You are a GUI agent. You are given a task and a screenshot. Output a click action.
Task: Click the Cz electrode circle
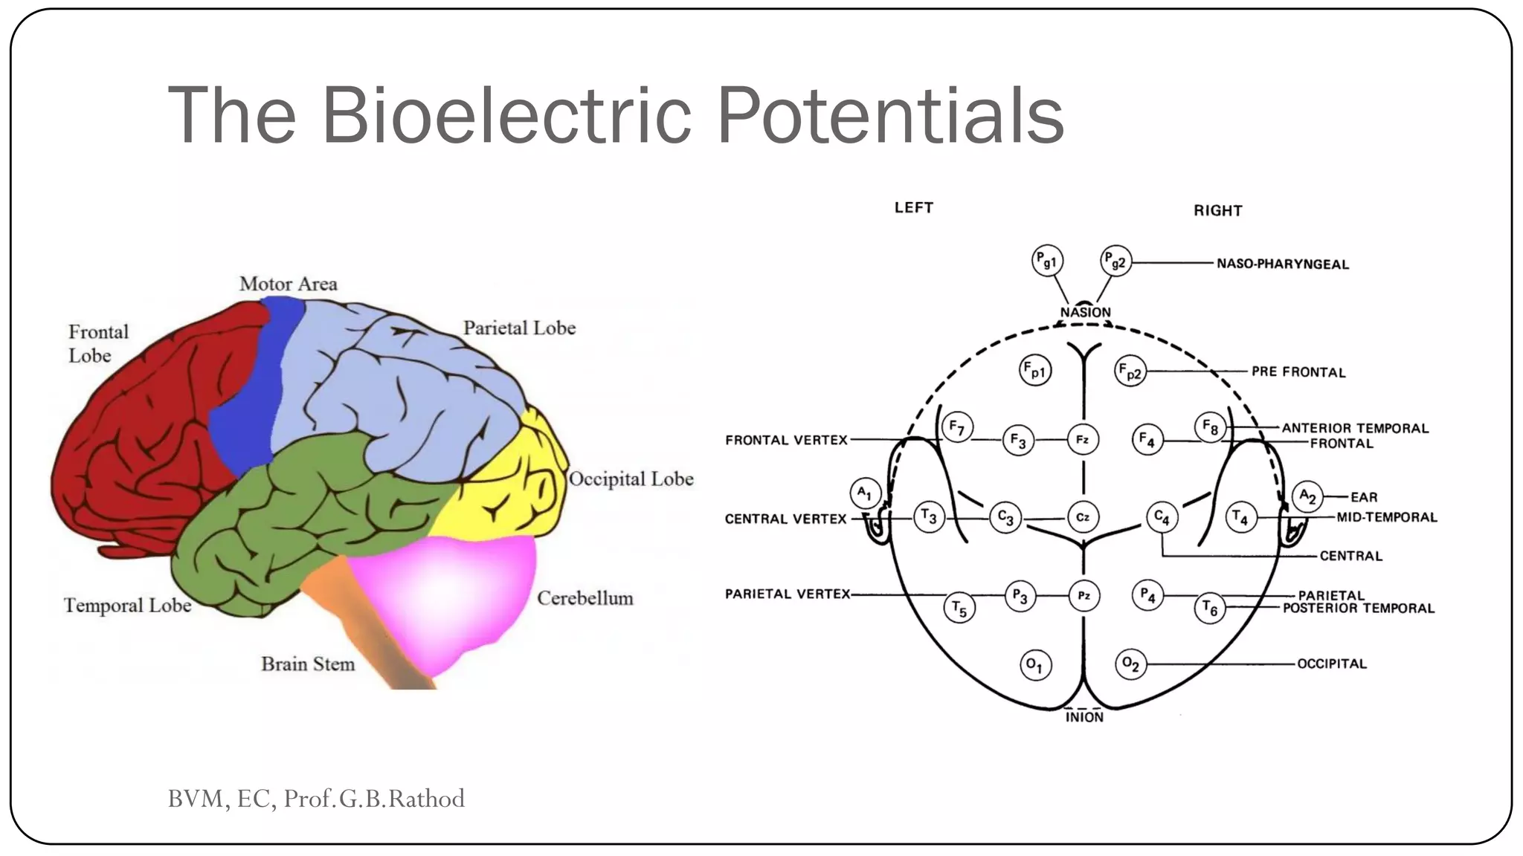point(1083,517)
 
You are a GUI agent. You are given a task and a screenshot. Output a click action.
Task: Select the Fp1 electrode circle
point(1034,370)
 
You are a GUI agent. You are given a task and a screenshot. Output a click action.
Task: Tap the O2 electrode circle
point(1130,664)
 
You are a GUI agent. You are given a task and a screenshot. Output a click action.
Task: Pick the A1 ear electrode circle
point(865,493)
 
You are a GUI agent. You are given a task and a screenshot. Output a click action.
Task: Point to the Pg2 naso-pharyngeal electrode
point(1115,261)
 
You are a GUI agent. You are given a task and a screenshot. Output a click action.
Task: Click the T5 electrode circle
point(959,609)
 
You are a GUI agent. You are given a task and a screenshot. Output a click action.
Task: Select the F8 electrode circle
point(1210,427)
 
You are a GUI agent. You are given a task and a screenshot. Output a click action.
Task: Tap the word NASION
point(1085,313)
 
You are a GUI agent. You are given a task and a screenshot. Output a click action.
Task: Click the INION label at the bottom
point(1084,718)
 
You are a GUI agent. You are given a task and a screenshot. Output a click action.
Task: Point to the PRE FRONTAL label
point(1298,372)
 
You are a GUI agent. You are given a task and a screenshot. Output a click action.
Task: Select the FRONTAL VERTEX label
point(786,441)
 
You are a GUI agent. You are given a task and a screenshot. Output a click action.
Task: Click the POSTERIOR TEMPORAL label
point(1359,609)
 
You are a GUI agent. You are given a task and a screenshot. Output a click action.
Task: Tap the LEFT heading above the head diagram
point(913,208)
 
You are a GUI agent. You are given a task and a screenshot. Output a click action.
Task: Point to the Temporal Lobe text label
point(128,606)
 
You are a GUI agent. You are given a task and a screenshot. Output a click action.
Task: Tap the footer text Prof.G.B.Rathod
point(374,799)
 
